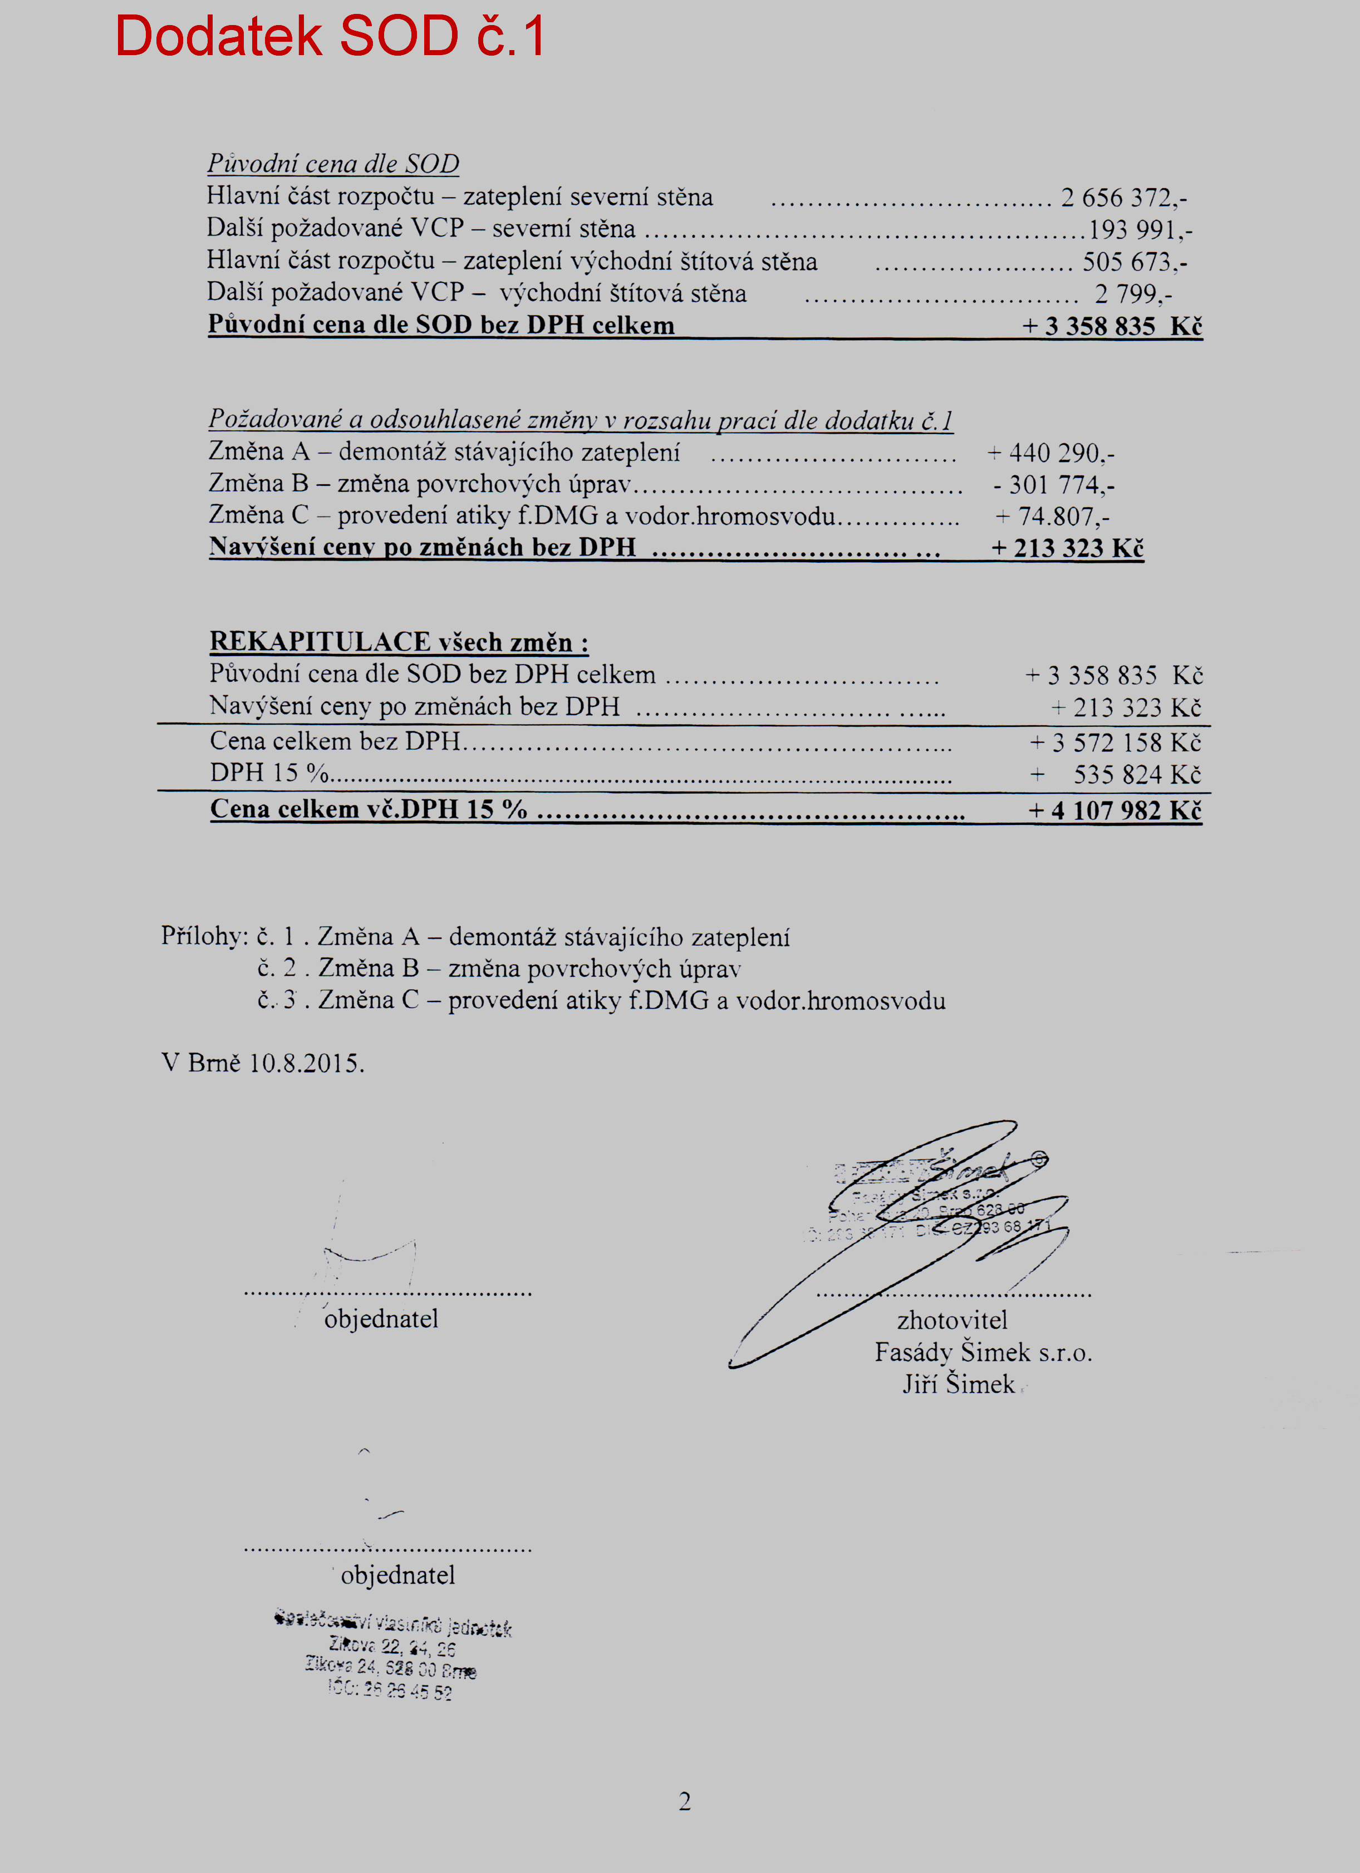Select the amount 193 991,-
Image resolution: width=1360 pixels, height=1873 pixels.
[1140, 229]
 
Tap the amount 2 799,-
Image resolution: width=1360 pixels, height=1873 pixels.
[1133, 294]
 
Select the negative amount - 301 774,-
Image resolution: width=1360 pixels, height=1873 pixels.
[1054, 485]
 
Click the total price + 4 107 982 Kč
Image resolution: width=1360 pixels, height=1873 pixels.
[1114, 810]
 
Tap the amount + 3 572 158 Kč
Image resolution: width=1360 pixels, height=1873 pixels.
[1114, 743]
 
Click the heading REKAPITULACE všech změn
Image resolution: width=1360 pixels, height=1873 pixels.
[399, 642]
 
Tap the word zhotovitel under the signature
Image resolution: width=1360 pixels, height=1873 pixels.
[952, 1320]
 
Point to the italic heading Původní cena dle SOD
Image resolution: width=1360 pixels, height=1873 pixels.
[333, 164]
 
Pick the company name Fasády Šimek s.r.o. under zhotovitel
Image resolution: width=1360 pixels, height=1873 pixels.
[983, 1352]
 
